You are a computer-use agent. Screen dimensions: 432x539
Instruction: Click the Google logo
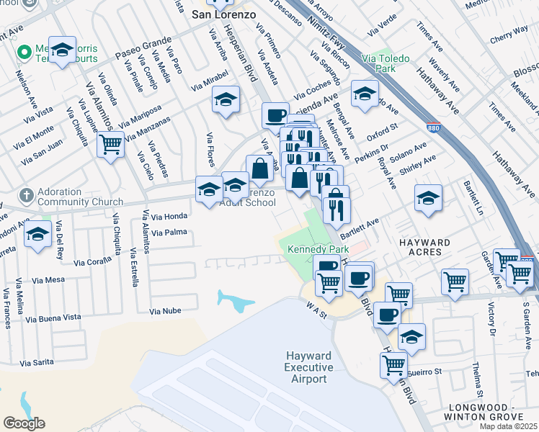click(x=24, y=423)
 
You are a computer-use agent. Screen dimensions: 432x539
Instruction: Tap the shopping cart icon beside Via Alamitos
click(x=111, y=145)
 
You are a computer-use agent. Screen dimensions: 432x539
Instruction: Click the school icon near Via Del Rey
click(x=37, y=235)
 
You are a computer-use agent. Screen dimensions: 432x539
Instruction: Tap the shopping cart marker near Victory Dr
click(x=455, y=282)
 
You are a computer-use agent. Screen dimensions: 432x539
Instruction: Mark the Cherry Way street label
click(x=508, y=37)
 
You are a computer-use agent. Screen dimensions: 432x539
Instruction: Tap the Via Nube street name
click(x=165, y=311)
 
